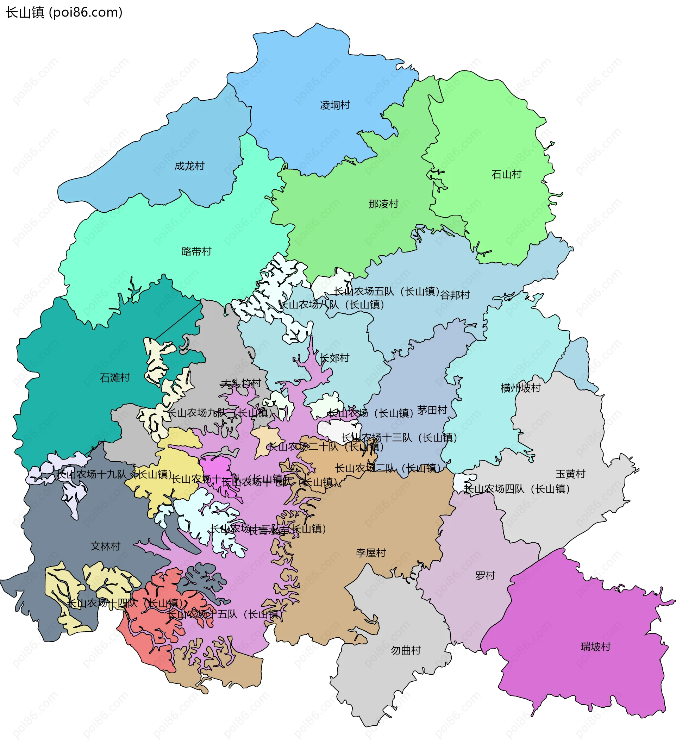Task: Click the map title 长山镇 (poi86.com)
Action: pos(64,13)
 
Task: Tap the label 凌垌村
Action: pos(335,105)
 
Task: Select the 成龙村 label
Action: pos(189,166)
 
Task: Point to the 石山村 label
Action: pos(506,174)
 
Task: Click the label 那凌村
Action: pos(383,204)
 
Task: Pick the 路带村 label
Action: pos(196,251)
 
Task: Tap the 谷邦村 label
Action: pos(455,295)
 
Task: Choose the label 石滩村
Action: pos(115,378)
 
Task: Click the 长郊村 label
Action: pos(335,358)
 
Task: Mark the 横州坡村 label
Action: pos(520,388)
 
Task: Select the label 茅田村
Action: pos(432,410)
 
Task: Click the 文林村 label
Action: pos(106,546)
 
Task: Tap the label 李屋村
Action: pos(371,553)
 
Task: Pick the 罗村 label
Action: pos(485,575)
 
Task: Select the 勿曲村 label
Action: pos(406,650)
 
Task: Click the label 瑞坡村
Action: pos(595,646)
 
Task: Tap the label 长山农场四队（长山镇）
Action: pos(517,489)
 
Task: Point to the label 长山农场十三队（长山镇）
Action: pos(399,438)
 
